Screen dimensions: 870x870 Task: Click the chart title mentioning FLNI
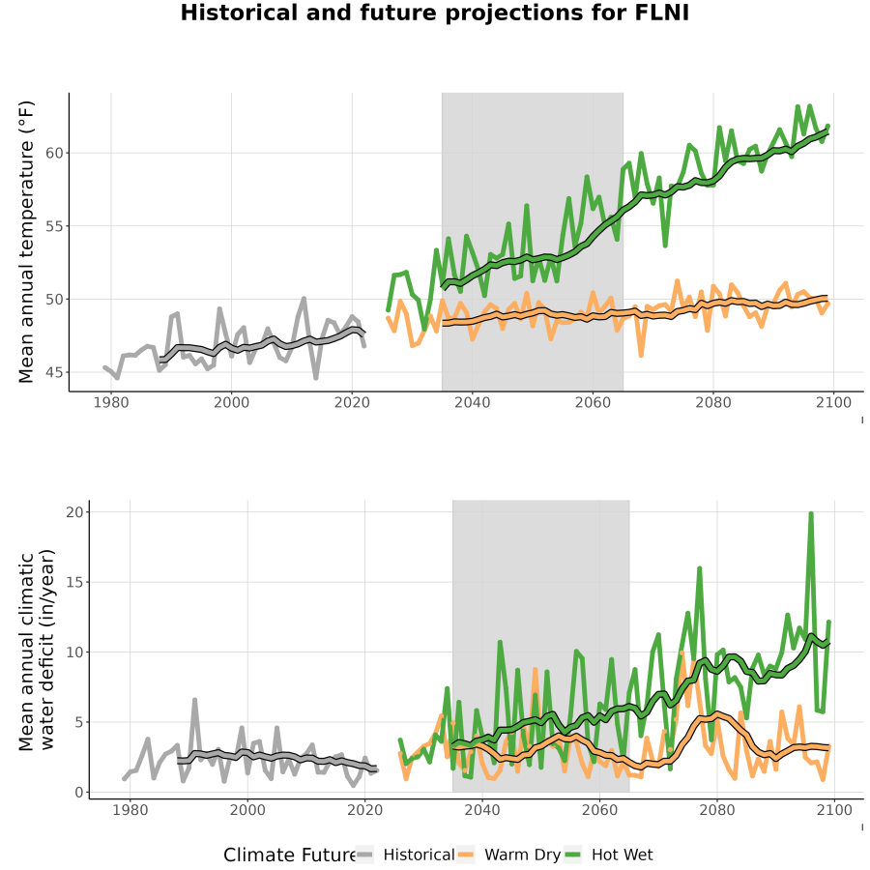point(434,13)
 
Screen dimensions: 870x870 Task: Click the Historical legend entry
point(404,855)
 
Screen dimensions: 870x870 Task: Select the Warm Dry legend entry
point(508,855)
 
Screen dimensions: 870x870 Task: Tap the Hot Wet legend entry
point(609,855)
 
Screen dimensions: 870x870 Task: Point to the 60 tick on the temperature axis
point(54,153)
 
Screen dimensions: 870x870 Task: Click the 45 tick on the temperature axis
point(54,372)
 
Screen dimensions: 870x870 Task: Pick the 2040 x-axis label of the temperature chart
point(472,402)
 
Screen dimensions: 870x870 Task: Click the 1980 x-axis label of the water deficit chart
point(130,810)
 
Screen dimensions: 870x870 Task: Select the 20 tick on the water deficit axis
point(74,512)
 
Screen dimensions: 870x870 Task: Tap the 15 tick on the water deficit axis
point(74,582)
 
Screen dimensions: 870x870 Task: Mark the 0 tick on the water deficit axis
point(79,793)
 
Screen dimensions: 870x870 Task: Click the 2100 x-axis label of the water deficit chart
point(834,810)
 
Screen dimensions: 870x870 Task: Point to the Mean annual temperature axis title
point(26,242)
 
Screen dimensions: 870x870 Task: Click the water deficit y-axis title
point(37,650)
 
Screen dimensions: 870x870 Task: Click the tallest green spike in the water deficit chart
point(811,514)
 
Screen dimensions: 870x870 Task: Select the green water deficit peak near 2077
point(699,568)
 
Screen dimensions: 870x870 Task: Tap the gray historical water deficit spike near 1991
point(194,700)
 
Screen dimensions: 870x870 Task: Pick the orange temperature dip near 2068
point(642,355)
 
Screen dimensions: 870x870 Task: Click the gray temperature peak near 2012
point(304,299)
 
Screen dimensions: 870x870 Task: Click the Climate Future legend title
point(289,855)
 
